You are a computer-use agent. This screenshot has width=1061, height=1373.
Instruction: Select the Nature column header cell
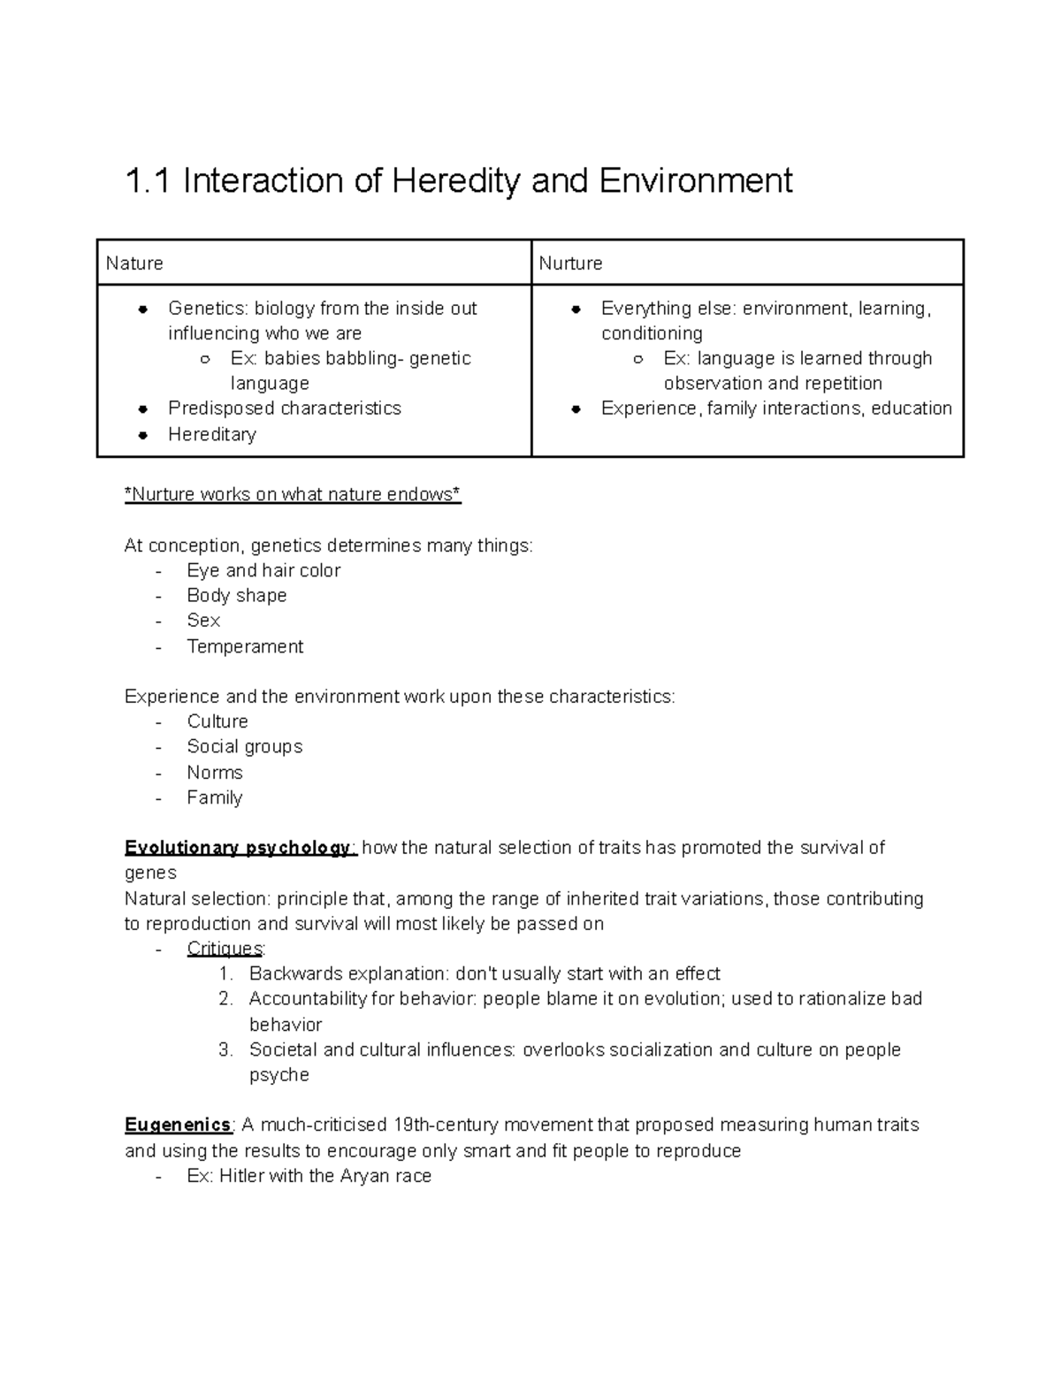314,263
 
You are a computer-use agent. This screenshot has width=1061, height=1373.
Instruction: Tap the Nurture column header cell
747,263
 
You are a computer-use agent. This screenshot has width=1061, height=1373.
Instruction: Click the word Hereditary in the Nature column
212,434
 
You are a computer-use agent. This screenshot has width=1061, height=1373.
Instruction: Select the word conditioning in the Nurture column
652,333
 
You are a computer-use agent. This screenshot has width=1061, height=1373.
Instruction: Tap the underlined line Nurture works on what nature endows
293,494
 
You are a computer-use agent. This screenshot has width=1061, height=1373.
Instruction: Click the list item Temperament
245,646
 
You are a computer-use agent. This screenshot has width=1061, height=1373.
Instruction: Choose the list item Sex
203,621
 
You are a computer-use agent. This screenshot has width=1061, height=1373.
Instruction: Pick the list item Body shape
236,595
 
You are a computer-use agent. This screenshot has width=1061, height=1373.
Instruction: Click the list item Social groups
244,746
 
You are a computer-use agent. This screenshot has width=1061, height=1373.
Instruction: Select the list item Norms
214,772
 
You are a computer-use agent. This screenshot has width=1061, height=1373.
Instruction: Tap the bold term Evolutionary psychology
239,848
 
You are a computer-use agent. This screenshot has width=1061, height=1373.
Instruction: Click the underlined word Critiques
225,949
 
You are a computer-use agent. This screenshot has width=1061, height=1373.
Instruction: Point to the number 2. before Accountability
225,999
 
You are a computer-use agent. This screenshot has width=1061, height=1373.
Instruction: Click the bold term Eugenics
178,1125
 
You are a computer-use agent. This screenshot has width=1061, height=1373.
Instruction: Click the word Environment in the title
695,181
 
